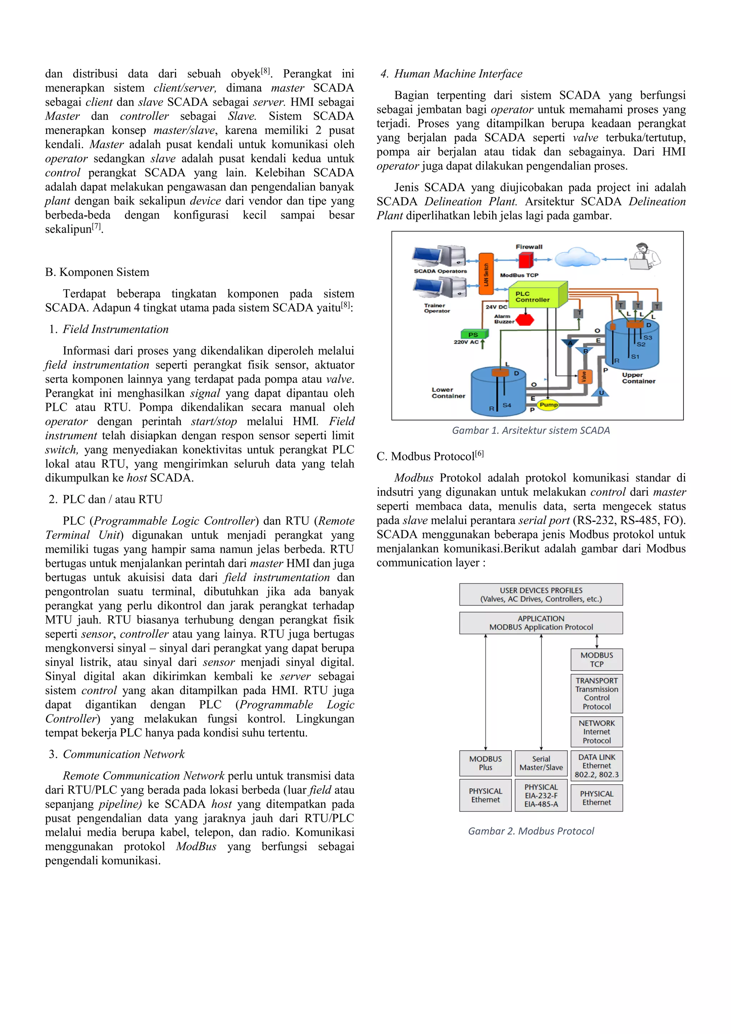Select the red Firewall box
coord(526,260)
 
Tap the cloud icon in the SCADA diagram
coord(577,258)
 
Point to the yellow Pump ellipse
coord(548,404)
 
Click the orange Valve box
coord(584,376)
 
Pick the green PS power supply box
coord(474,334)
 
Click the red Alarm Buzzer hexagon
coord(524,320)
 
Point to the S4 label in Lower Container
coord(507,405)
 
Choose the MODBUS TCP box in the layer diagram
coord(596,659)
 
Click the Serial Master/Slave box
coord(541,763)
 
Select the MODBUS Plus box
coord(485,763)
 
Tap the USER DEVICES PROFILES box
coord(541,594)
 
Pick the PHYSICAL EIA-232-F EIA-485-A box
coord(541,795)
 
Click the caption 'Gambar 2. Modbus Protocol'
coord(531,831)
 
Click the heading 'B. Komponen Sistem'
coord(97,272)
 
